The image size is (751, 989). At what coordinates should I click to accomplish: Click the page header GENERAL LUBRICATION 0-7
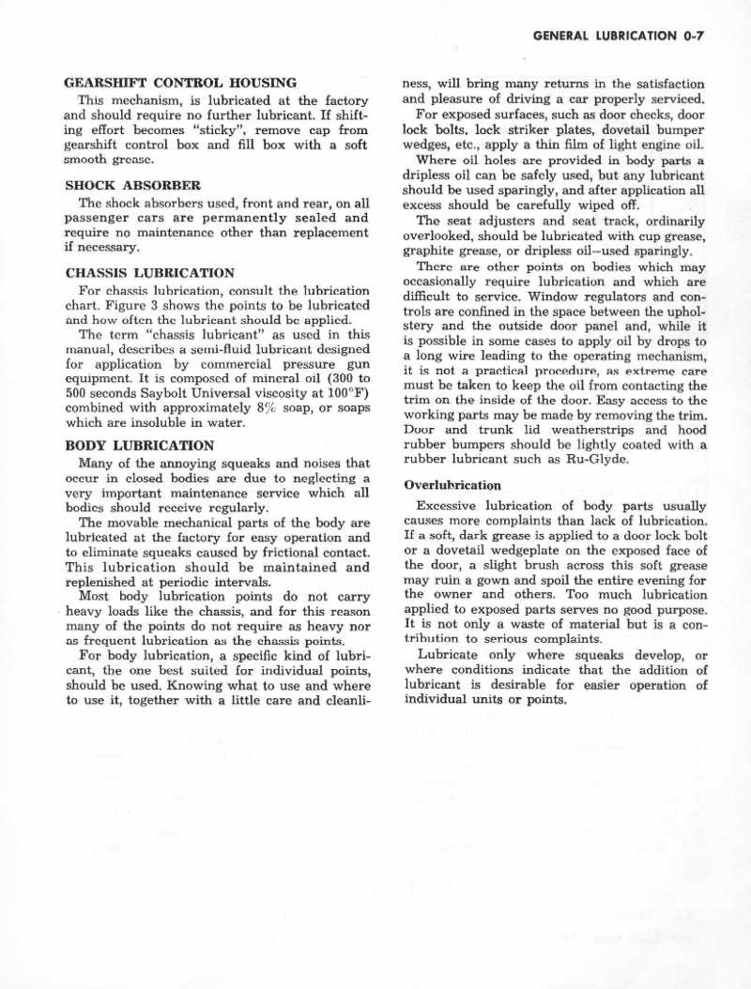click(618, 37)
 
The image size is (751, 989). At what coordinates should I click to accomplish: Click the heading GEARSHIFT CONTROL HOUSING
click(180, 83)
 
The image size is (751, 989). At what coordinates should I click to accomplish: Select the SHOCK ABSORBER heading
click(132, 185)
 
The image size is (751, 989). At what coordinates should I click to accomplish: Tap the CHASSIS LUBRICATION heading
click(149, 273)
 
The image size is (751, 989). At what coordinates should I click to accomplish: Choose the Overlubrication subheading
click(452, 485)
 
